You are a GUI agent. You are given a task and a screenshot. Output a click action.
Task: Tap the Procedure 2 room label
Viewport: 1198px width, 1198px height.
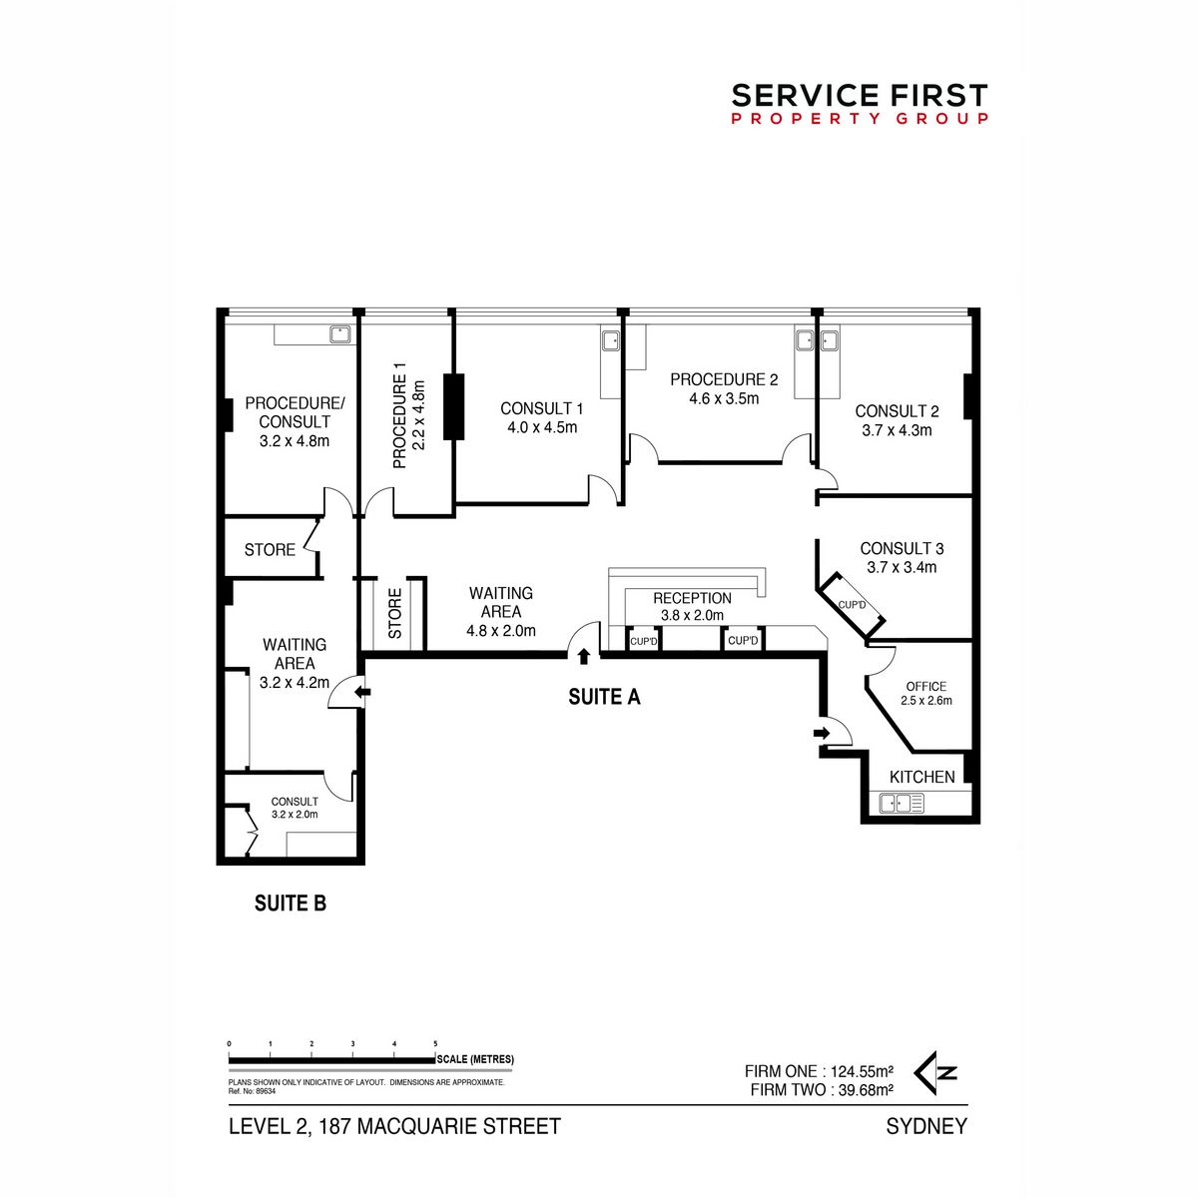[x=724, y=379]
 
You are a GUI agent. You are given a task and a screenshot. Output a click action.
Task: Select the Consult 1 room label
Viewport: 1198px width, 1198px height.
[x=541, y=408]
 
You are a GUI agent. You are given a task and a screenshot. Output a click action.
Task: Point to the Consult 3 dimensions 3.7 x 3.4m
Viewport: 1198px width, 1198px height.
[x=901, y=567]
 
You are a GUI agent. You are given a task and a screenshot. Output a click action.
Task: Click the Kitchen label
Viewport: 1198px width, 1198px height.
[x=922, y=777]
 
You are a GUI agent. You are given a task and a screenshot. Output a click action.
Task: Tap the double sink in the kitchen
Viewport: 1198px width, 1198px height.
[x=901, y=804]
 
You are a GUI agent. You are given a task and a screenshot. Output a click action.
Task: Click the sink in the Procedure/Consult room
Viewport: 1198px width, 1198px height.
[x=340, y=334]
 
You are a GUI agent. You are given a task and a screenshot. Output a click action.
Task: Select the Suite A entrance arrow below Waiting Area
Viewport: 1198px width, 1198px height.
[x=583, y=657]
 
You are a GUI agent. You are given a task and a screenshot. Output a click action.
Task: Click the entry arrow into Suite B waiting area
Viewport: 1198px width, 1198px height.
[x=362, y=691]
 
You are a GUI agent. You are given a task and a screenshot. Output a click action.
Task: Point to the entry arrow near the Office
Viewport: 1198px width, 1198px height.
[x=822, y=734]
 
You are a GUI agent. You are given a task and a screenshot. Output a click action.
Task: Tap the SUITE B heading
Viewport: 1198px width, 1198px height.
[x=291, y=903]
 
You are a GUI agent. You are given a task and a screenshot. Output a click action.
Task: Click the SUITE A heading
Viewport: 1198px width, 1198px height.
[x=604, y=698]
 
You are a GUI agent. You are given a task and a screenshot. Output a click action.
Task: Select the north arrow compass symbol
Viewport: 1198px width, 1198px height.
[x=935, y=1073]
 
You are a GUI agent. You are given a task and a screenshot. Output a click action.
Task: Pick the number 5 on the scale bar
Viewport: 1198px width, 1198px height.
[x=435, y=1044]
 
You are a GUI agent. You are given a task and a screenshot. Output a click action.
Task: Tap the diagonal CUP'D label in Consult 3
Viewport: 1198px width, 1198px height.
[x=852, y=605]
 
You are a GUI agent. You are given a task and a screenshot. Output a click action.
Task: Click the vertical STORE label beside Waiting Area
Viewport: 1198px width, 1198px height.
[x=395, y=613]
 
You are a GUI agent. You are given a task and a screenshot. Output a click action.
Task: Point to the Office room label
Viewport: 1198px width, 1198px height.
[x=926, y=686]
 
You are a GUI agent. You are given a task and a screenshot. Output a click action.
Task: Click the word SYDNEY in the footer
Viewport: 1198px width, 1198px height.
[x=926, y=1126]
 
